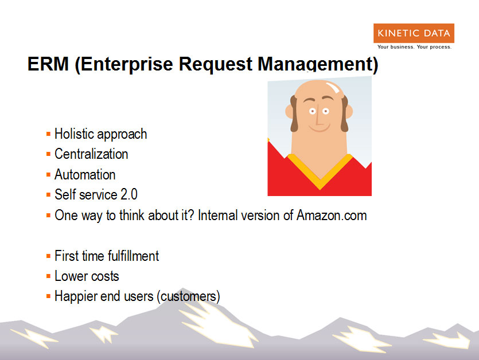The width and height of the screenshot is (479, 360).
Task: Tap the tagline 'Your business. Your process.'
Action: [x=414, y=47]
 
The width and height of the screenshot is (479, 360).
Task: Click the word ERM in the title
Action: [x=48, y=64]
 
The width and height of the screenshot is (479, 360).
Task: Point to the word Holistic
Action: [x=74, y=134]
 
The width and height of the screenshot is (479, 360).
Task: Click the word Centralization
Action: [x=91, y=154]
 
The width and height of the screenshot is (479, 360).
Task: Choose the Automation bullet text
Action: [x=85, y=175]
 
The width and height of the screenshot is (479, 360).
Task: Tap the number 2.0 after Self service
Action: [x=129, y=194]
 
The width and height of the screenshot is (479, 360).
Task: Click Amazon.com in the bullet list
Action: [x=332, y=216]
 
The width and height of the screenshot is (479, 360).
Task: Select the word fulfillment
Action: [x=133, y=256]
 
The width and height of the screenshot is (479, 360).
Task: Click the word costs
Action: [x=105, y=276]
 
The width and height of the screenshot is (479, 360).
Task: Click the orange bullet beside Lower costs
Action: [x=48, y=276]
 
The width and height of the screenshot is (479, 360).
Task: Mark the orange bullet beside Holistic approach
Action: [x=48, y=134]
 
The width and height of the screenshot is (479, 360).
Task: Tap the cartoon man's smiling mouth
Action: [x=320, y=128]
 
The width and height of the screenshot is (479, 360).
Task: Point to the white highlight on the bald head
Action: [x=333, y=87]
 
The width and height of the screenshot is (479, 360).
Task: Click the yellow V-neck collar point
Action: [x=320, y=186]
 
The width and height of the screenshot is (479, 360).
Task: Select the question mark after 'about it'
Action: [x=191, y=215]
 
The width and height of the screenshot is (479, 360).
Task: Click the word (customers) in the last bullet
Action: [x=189, y=297]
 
